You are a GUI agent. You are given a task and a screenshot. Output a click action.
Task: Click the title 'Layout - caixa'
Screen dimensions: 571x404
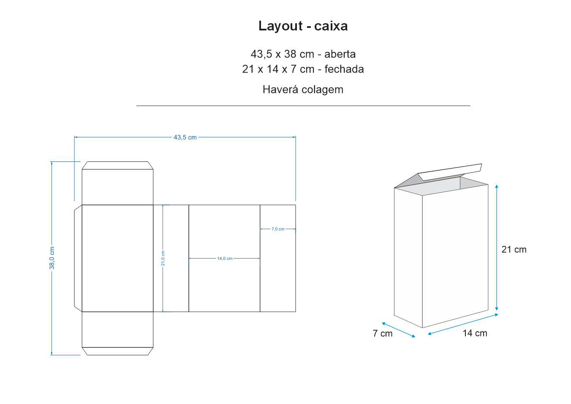(x=303, y=26)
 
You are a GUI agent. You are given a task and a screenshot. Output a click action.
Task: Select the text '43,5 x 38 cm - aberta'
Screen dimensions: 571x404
(x=303, y=54)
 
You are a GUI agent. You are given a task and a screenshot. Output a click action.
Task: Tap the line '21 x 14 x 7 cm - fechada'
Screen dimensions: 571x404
(x=303, y=69)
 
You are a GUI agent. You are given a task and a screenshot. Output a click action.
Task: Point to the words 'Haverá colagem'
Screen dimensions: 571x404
(x=303, y=90)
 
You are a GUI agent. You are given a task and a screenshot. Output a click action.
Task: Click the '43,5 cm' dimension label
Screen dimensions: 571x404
(x=185, y=137)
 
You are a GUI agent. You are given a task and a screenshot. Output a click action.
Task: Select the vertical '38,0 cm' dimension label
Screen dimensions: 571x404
(x=52, y=258)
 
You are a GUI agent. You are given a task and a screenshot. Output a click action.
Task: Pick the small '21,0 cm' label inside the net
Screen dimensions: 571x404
(x=163, y=258)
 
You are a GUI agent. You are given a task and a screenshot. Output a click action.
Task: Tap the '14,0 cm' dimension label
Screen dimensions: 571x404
(x=225, y=259)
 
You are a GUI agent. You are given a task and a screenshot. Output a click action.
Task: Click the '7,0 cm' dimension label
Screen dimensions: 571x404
(x=278, y=229)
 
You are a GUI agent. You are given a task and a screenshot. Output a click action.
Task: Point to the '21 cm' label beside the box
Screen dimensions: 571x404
(x=514, y=249)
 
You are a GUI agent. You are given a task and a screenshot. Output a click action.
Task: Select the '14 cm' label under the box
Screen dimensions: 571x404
(x=475, y=333)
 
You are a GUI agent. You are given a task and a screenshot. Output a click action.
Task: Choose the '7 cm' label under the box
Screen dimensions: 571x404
(x=383, y=333)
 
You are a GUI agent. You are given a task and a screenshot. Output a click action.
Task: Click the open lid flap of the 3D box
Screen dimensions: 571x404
(x=450, y=172)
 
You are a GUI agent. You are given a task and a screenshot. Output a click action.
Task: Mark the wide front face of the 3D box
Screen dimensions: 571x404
(x=455, y=256)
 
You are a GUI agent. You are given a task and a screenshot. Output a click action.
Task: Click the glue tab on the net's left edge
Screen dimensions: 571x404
(x=78, y=258)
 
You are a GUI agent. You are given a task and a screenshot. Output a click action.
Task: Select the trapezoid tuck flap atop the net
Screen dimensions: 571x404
(x=117, y=166)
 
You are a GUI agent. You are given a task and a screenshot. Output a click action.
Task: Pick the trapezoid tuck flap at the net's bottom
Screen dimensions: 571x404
(x=117, y=351)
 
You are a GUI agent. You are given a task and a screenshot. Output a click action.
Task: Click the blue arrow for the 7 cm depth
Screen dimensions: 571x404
(x=398, y=330)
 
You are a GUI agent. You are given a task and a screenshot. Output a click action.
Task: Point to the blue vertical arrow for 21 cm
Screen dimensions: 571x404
(x=497, y=248)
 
